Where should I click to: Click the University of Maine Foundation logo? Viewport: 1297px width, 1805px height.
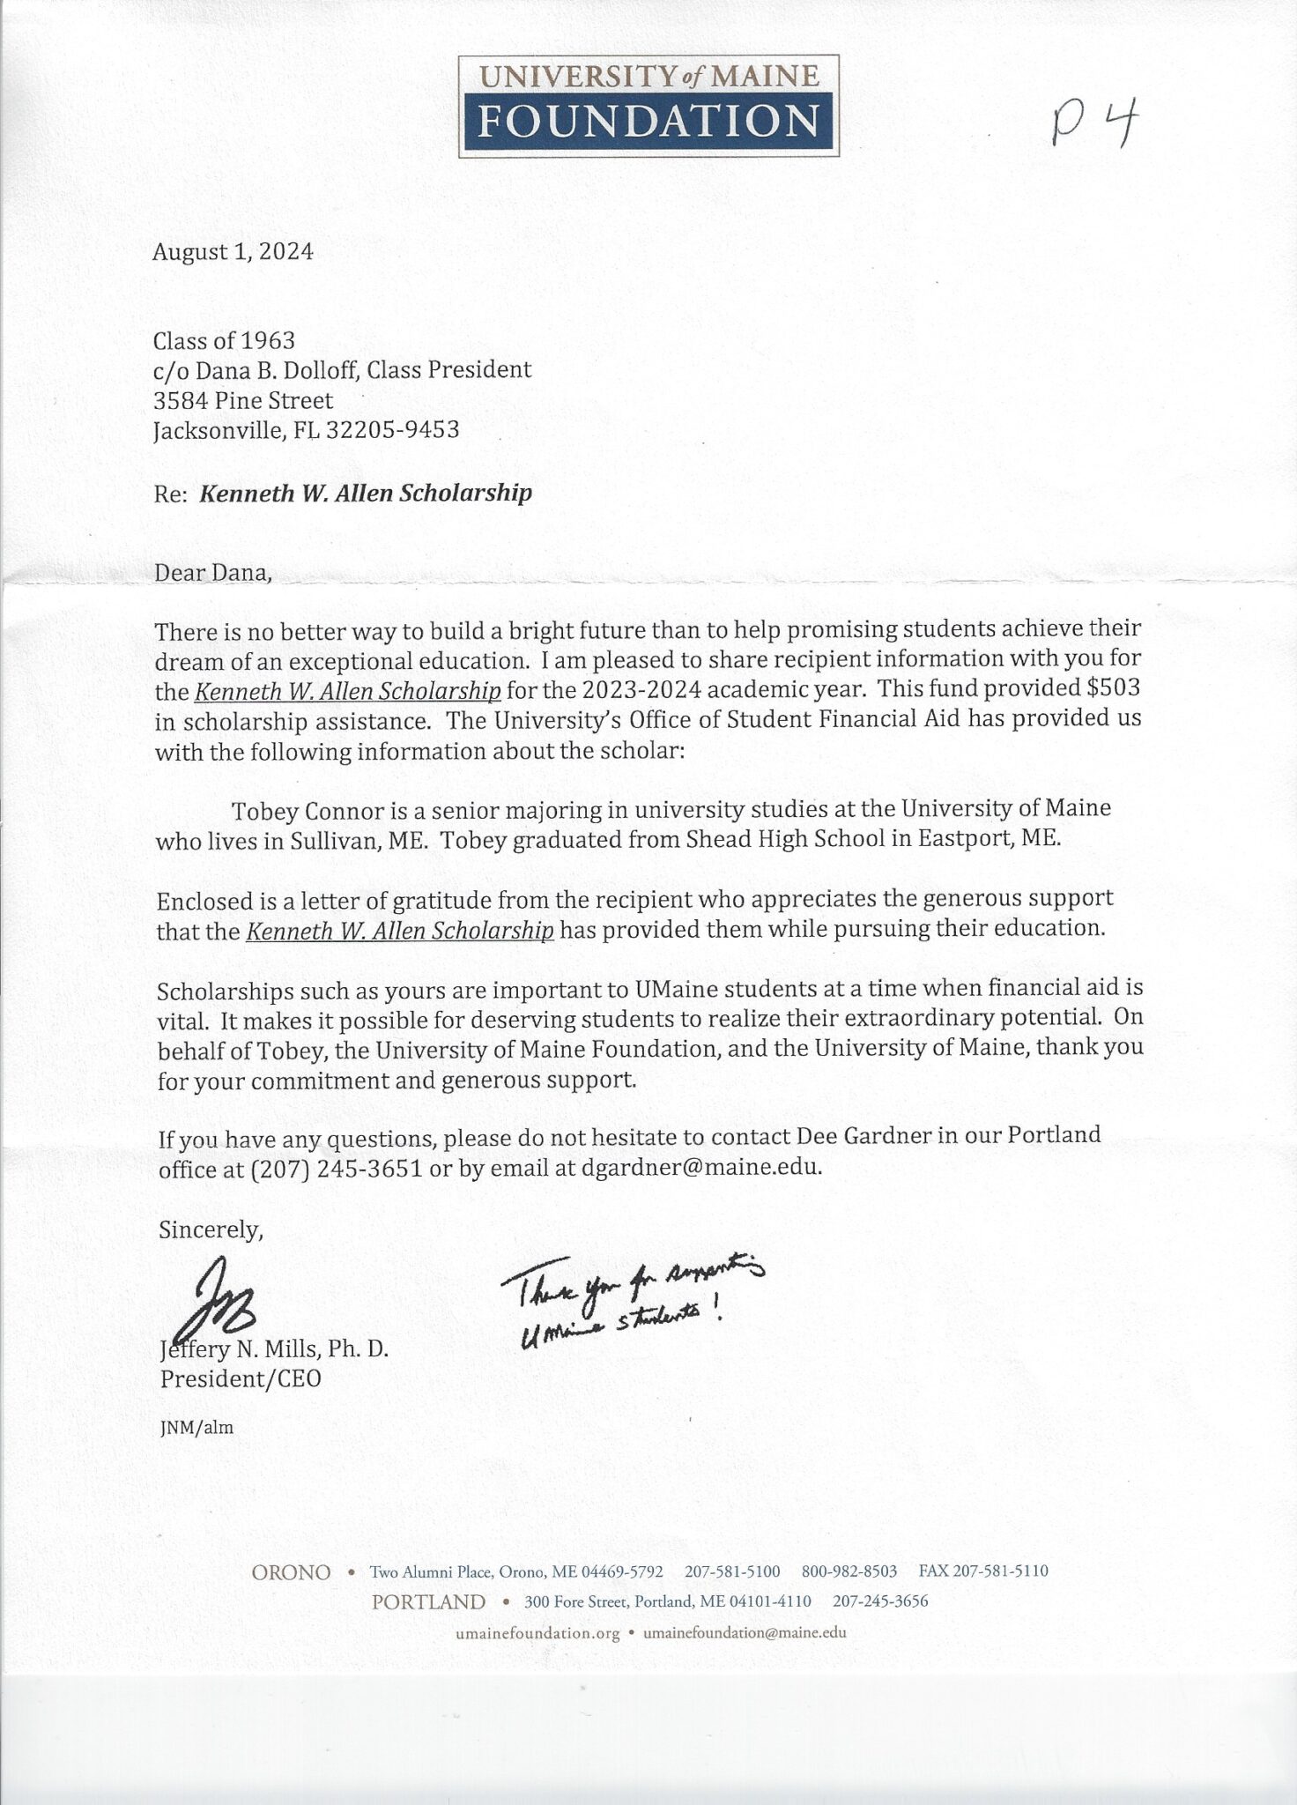648,106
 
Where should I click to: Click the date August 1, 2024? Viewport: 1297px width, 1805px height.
233,252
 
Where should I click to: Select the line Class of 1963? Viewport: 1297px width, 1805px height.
224,340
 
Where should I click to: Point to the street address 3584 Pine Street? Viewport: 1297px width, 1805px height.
243,401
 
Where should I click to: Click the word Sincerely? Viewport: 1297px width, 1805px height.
211,1229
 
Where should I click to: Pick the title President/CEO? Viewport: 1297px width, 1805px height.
241,1379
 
